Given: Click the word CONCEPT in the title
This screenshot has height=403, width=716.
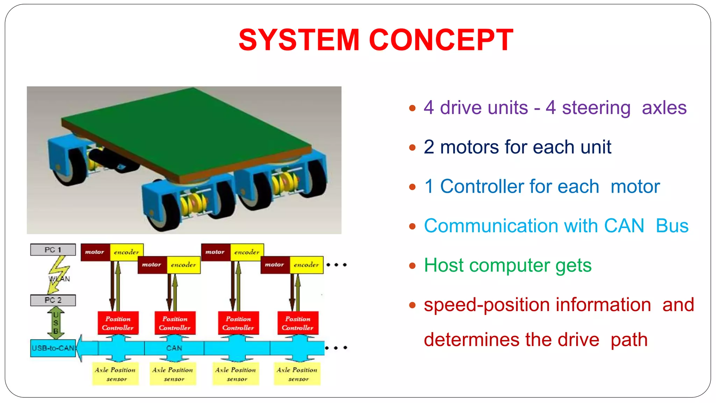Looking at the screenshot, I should [x=441, y=40].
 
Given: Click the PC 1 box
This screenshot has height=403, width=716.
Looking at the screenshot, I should [x=53, y=250].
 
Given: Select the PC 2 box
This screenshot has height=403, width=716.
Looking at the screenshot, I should [x=53, y=300].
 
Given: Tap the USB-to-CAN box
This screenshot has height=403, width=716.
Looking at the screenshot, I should [x=53, y=348].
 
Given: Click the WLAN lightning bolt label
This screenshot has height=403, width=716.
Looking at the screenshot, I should [x=59, y=278].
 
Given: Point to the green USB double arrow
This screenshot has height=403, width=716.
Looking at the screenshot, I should [x=56, y=323].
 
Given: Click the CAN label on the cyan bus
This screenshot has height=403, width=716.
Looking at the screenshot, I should [x=174, y=348].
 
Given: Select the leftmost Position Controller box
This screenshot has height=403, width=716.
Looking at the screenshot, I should [x=118, y=323].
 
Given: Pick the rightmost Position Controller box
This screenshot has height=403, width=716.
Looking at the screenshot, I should [x=298, y=323].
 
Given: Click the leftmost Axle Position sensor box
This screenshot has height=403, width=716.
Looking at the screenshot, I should [x=115, y=374].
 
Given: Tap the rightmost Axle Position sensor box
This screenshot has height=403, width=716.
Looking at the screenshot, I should [x=297, y=374].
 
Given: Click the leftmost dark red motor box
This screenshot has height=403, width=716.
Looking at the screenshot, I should [x=95, y=252].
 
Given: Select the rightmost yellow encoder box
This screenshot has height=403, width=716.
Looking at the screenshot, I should [x=306, y=265].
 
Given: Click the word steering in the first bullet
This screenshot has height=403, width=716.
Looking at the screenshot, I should [x=596, y=108].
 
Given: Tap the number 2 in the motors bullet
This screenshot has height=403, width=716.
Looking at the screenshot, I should [x=429, y=147].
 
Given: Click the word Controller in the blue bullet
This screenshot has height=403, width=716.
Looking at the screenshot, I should [x=520, y=186].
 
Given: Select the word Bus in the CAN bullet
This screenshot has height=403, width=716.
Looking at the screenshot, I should [x=672, y=226].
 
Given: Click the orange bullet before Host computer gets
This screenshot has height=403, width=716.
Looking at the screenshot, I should [x=413, y=266].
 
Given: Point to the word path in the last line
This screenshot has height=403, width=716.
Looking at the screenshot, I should [x=629, y=340].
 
